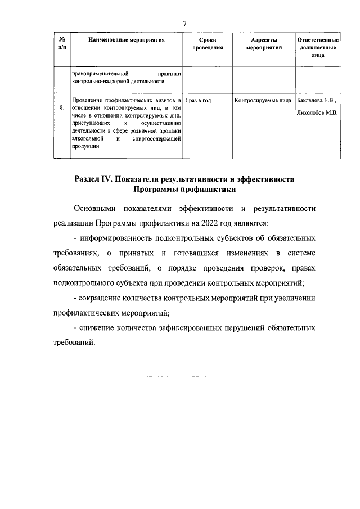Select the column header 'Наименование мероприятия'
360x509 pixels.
coord(126,42)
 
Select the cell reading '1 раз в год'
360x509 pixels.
coord(197,100)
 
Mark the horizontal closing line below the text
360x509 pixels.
coord(184,375)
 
